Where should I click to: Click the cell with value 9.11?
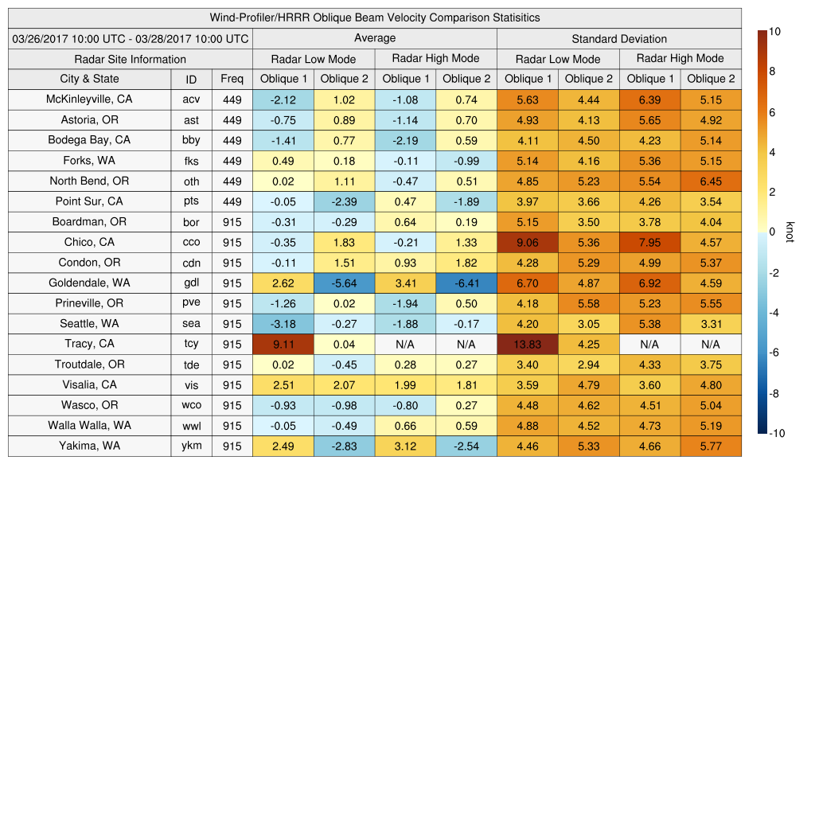tap(283, 344)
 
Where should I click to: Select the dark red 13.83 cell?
tap(527, 344)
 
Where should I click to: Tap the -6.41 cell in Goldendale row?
tap(466, 283)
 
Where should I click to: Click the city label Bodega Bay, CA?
tap(89, 140)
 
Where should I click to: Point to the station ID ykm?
tap(191, 446)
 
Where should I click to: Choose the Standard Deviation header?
tap(619, 39)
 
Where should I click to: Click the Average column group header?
tap(374, 38)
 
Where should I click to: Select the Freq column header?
tap(232, 79)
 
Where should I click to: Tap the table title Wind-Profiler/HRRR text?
tap(375, 18)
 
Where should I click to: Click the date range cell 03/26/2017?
tap(131, 38)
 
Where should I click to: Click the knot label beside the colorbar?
tap(790, 232)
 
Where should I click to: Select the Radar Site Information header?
tap(130, 59)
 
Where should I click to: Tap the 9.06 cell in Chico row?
tap(527, 242)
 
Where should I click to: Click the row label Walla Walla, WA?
tap(89, 425)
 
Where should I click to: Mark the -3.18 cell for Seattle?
tap(283, 324)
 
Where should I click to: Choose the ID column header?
tap(191, 80)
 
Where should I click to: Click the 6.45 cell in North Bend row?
tap(711, 181)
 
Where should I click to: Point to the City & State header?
tap(89, 79)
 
